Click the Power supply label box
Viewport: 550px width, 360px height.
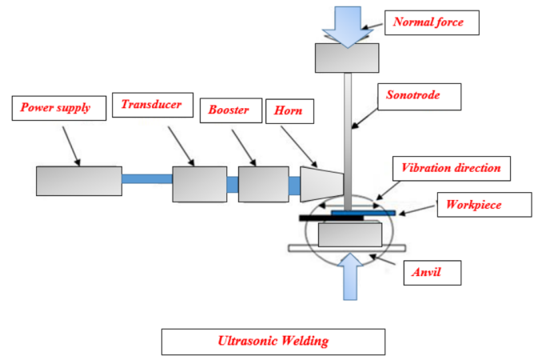57,106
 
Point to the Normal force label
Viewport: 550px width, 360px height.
433,22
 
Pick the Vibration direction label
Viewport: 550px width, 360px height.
452,169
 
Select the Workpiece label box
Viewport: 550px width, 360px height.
483,205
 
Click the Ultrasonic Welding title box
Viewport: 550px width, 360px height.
273,341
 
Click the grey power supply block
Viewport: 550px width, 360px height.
78,181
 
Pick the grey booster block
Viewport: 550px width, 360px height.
263,183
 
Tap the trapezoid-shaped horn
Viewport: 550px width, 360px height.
320,183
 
